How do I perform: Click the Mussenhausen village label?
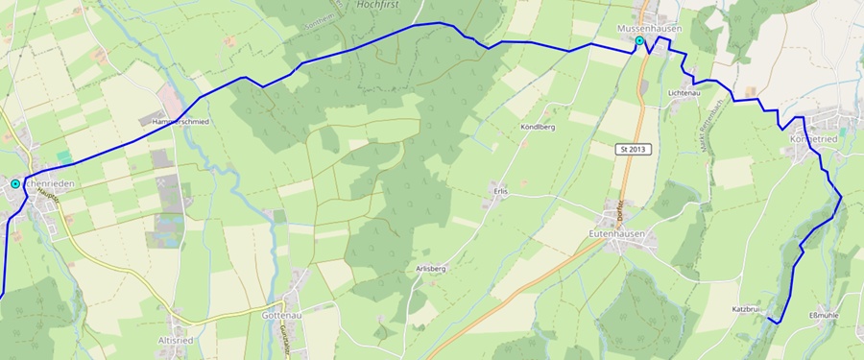[650, 29]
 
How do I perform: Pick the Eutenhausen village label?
[624, 233]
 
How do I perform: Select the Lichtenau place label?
[684, 93]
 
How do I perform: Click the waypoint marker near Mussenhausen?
[639, 42]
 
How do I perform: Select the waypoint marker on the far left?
[15, 183]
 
